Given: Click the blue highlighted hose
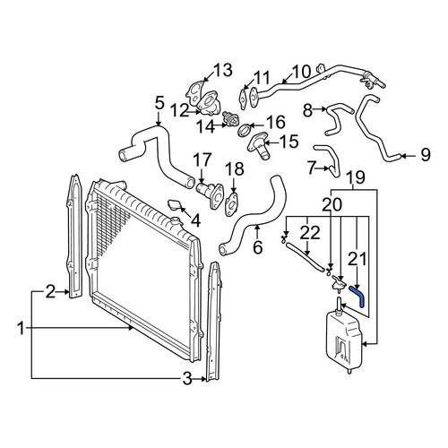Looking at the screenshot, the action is click(x=358, y=294).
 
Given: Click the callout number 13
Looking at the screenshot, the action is click(x=222, y=71).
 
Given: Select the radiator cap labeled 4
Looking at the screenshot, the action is click(x=174, y=205).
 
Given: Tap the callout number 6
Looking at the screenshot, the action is click(x=257, y=247).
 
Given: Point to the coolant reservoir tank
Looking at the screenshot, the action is click(x=343, y=340).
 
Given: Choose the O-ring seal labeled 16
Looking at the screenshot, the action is click(x=245, y=130).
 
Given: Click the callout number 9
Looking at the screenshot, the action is click(x=425, y=155).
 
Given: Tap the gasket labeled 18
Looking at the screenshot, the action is click(x=232, y=204).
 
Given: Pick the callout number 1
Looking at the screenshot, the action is click(x=21, y=329).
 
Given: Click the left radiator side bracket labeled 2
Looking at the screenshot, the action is click(x=74, y=236).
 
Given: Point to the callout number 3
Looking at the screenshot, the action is click(x=187, y=379).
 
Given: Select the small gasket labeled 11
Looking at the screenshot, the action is click(x=244, y=96).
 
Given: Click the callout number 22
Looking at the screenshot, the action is click(x=310, y=234).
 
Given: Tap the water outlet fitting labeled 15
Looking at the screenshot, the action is click(x=258, y=146).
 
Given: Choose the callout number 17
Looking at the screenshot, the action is click(x=202, y=160).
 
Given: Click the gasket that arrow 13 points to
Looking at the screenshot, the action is click(x=194, y=92).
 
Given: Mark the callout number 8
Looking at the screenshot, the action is click(x=307, y=110).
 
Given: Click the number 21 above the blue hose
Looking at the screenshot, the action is click(x=358, y=259).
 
